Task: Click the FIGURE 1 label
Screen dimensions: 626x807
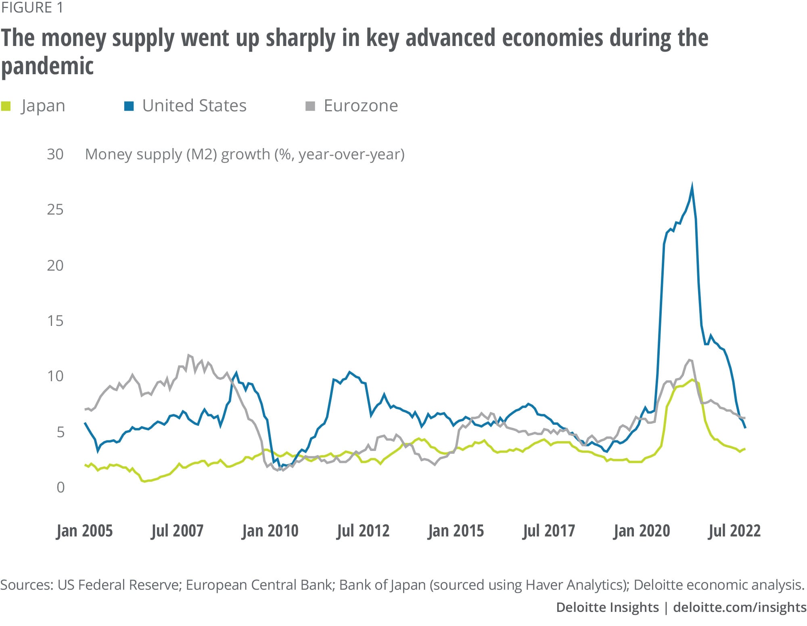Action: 32,8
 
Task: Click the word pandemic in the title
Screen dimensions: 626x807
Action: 47,66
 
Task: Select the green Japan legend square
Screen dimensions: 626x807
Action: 6,106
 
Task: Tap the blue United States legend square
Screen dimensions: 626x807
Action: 129,106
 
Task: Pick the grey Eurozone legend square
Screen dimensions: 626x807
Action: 310,106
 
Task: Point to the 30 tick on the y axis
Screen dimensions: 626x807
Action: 55,154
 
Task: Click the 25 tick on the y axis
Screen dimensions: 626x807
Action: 55,210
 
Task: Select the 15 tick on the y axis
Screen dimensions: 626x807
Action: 55,321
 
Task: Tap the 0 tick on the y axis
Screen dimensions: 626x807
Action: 61,488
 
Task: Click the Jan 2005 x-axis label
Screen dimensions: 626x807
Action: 84,531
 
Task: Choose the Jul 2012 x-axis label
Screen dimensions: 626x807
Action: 363,531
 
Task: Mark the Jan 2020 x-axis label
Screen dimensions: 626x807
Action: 642,531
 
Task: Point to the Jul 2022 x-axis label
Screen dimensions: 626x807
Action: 734,531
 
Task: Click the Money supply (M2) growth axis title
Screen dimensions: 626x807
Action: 245,154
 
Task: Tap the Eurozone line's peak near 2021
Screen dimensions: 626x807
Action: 690,360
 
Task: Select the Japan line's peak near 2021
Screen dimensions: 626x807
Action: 692,380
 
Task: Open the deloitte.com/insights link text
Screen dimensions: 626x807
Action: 740,607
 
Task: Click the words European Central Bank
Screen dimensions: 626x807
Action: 258,585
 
